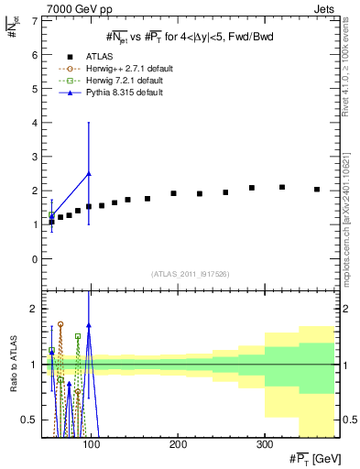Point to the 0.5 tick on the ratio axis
30,420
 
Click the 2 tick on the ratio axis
34,309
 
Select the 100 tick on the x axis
91,444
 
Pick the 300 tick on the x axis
264,444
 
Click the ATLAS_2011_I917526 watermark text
191,275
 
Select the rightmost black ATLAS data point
317,190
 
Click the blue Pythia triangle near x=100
89,173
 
